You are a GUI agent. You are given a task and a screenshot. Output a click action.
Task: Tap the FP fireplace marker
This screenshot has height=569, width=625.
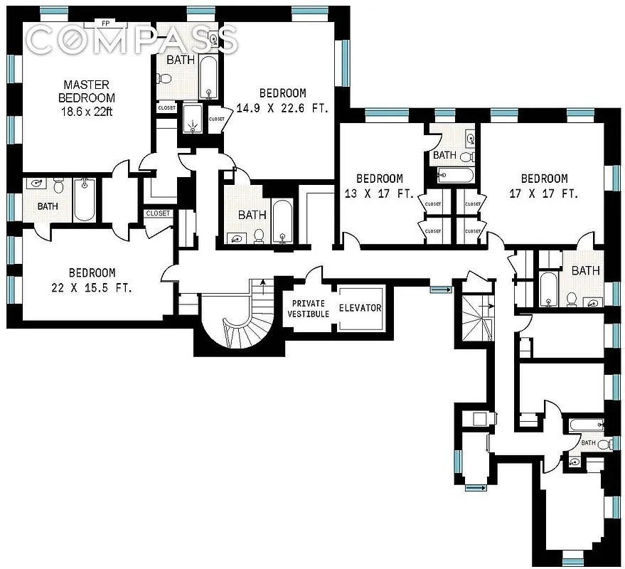coord(105,23)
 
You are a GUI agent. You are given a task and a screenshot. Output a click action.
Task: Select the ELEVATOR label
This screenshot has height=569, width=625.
coord(360,308)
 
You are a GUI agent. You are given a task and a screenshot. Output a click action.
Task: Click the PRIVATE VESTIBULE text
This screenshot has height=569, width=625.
coord(308,308)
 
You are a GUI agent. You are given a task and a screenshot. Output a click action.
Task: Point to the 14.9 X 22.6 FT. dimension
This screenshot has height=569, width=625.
coord(282,107)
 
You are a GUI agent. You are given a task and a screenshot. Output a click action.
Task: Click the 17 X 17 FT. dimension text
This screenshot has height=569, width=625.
coord(544,193)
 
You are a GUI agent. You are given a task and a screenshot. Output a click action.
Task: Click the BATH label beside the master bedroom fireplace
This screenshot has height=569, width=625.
coord(181,60)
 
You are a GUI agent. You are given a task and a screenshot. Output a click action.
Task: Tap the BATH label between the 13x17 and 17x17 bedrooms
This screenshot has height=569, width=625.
coord(444,155)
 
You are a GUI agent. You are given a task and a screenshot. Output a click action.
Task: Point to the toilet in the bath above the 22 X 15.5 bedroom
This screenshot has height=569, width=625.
coord(58,187)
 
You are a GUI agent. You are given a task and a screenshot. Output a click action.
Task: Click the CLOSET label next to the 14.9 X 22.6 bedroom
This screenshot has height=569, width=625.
coord(217,119)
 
